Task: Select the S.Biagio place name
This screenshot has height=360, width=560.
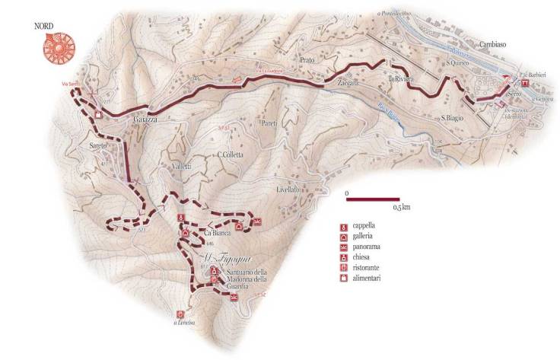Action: pos(453,118)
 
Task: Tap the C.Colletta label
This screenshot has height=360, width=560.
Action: pos(230,155)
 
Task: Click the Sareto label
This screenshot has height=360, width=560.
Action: pos(100,145)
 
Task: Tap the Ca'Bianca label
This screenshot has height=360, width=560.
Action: pos(218,232)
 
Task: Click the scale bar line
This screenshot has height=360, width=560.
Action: pos(372,199)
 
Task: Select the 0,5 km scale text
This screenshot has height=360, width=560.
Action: pos(400,207)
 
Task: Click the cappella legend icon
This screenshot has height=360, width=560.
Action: pos(345,227)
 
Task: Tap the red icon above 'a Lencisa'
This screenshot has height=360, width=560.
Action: pos(180,314)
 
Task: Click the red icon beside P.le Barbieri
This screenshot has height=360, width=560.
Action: pos(526,84)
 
